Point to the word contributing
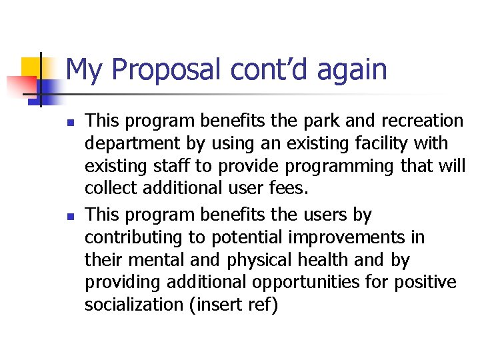[133, 237]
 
